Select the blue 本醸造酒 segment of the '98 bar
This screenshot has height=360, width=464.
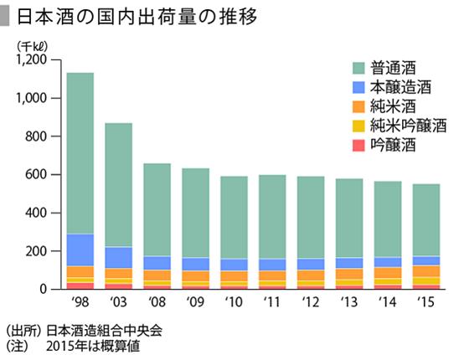[80, 249]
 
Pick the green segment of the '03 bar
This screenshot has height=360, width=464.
[118, 184]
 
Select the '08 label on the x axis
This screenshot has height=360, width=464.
[157, 301]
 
